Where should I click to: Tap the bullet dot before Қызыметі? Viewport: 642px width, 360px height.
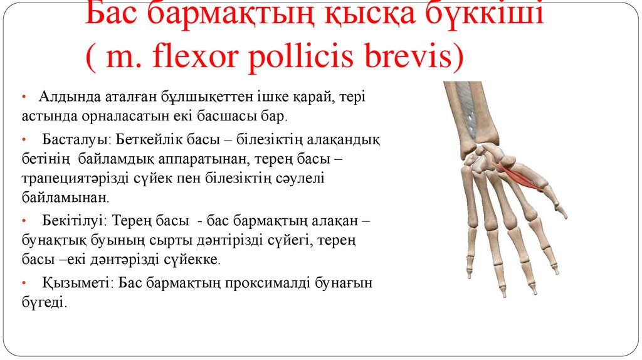24,283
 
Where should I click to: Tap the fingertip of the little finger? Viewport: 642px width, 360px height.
469,273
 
